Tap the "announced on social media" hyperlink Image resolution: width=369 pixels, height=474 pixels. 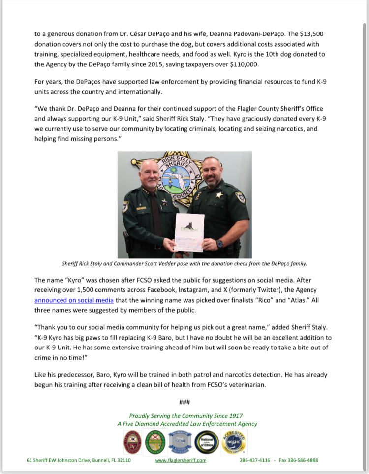pos(74,300)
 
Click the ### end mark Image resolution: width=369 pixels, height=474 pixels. pos(184,402)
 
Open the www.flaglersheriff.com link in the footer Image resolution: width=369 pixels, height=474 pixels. pos(181,460)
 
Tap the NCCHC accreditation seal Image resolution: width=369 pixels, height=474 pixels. pos(235,442)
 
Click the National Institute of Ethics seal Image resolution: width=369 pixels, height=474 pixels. pos(207,442)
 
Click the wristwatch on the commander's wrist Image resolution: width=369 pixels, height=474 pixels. pos(219,243)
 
